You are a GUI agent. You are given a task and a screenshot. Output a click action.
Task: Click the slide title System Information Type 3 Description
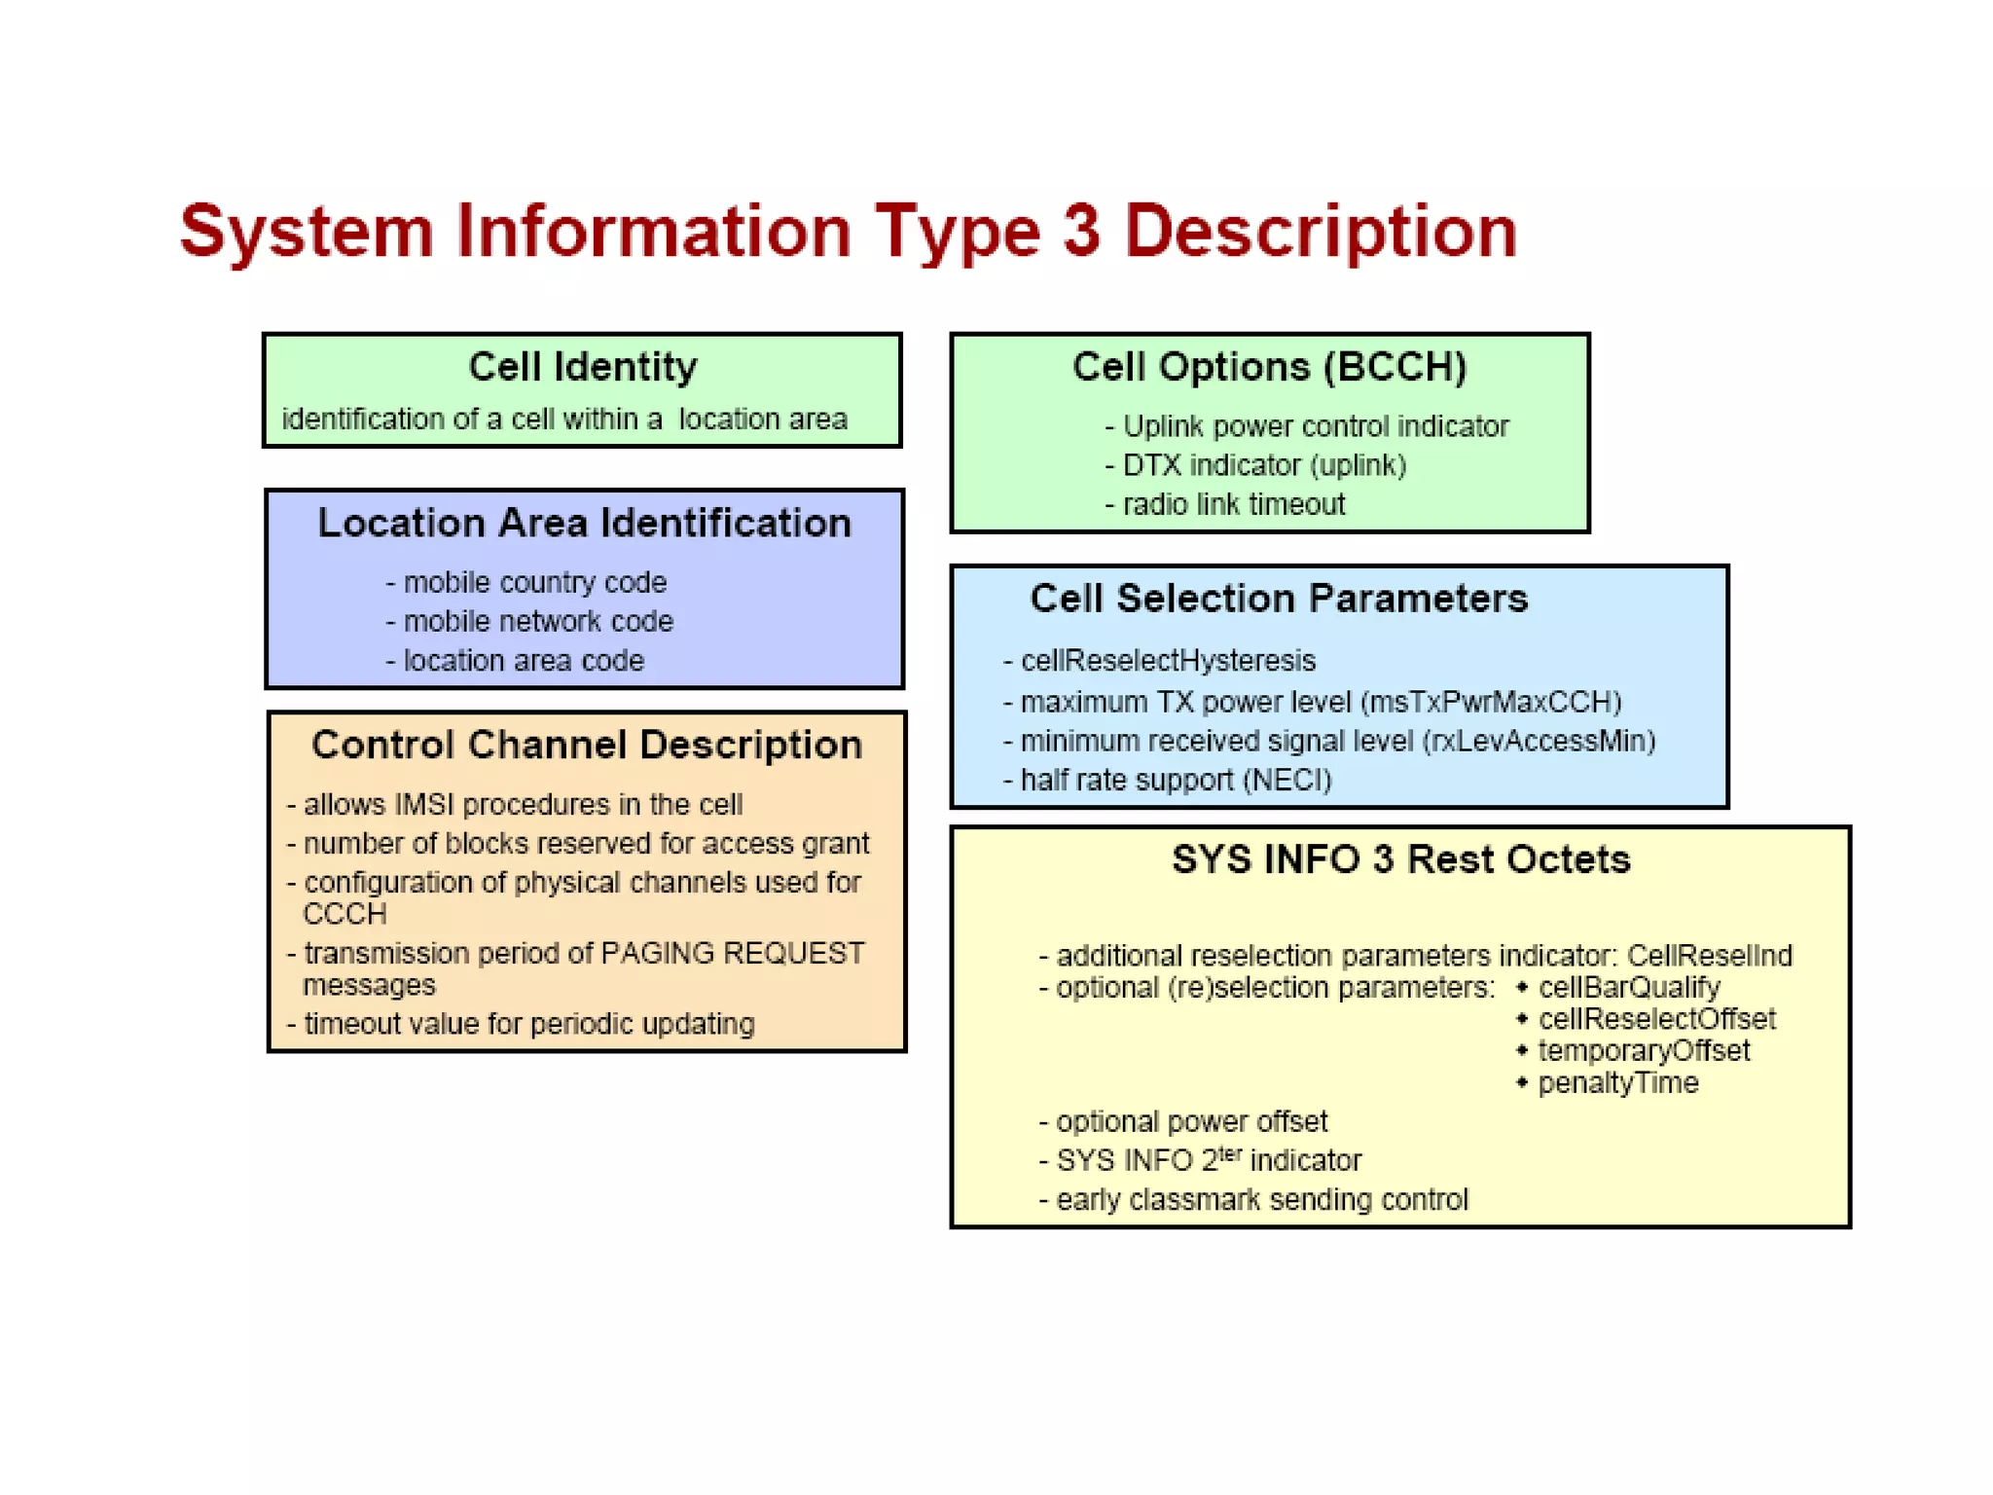coord(849,232)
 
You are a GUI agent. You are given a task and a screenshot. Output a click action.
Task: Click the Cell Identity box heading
coord(582,367)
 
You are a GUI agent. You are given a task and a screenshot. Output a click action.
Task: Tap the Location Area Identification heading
coord(584,523)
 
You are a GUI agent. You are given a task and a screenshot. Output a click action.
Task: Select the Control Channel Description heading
coord(587,745)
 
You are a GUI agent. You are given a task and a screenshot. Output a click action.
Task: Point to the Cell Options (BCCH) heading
coord(1269,367)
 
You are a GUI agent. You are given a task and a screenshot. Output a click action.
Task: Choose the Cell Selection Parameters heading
coord(1279,599)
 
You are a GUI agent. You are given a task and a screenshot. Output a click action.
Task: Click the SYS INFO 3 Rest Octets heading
coord(1400,859)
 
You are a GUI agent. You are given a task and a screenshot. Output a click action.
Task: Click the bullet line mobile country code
coord(534,582)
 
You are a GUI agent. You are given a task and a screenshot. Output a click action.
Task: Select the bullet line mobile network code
coord(537,621)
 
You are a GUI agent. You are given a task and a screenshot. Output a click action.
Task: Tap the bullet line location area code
coord(523,661)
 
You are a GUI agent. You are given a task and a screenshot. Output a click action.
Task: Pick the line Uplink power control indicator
coord(1315,426)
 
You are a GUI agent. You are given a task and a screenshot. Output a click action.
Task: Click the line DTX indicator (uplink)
coord(1264,465)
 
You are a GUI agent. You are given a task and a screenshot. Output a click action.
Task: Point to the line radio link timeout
coord(1233,504)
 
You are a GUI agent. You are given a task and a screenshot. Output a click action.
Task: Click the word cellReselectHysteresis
coord(1168,661)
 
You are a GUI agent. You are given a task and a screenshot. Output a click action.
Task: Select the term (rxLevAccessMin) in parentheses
coord(1539,742)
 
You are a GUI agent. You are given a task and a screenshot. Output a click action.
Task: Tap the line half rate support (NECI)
coord(1175,781)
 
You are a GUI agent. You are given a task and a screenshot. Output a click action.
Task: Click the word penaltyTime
coord(1617,1083)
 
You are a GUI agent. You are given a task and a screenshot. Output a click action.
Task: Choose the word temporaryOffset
coord(1644,1051)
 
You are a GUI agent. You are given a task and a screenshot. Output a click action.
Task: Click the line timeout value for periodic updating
coord(528,1024)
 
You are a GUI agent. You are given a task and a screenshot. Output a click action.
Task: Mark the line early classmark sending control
coord(1261,1200)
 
